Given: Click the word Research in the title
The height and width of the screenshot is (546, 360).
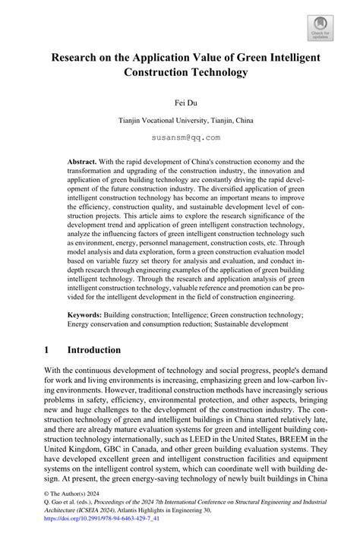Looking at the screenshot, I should click(x=78, y=58).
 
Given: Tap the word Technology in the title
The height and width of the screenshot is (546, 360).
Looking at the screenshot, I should click(x=211, y=73).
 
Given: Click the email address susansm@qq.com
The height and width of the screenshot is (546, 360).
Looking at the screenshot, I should click(x=179, y=137).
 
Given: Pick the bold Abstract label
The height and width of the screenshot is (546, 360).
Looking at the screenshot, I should click(x=84, y=163).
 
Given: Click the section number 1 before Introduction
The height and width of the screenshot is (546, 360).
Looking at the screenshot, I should click(x=47, y=350).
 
